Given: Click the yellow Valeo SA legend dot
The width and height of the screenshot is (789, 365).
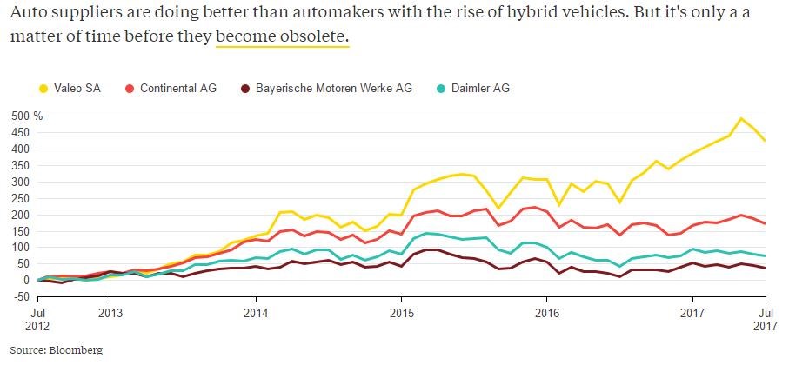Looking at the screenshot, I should (x=43, y=88).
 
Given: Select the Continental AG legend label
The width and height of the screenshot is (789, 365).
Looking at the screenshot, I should (x=178, y=88).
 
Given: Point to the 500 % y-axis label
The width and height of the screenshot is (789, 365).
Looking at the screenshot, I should (x=19, y=116).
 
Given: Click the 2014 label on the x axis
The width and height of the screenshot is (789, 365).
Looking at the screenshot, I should (x=255, y=311).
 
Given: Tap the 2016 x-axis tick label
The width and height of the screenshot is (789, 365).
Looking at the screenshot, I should (x=545, y=311).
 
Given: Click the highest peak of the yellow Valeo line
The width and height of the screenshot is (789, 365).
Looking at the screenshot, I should (x=741, y=118).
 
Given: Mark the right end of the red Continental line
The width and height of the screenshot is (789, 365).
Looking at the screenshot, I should (x=765, y=223).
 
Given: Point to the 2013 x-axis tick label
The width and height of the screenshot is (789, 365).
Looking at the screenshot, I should (x=110, y=311).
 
